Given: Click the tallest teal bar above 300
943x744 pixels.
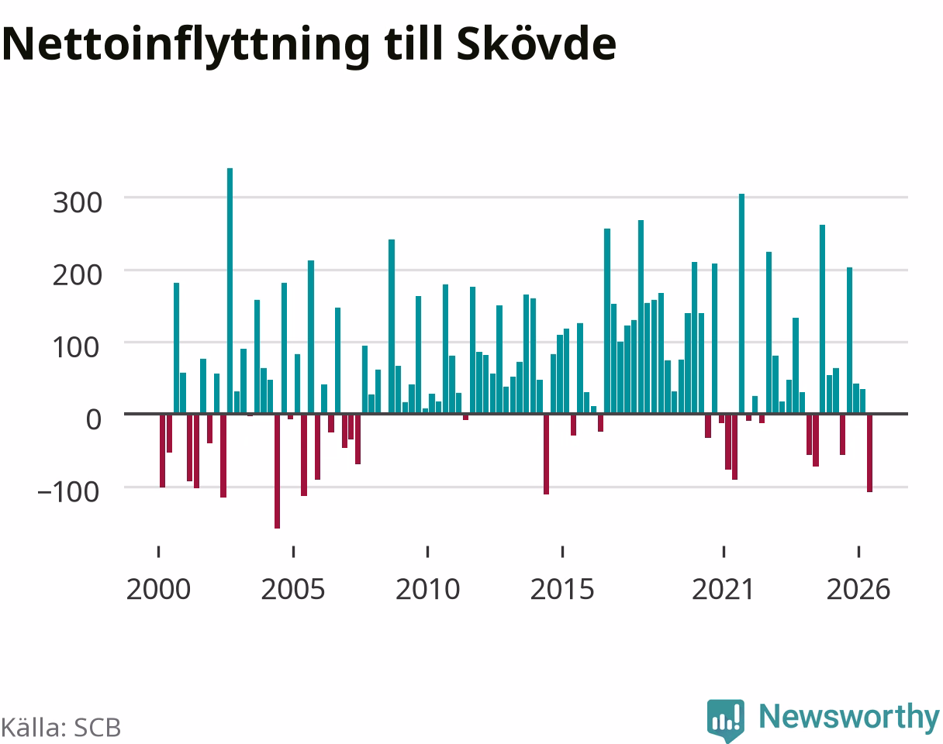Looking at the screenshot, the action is point(230,291).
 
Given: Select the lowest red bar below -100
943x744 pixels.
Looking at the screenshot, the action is point(277,471).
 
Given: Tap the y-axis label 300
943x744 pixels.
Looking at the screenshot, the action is point(78,203).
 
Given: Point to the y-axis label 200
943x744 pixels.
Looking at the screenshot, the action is point(78,275).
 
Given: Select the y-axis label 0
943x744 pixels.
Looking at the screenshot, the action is point(94,419).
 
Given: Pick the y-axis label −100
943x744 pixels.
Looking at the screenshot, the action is point(69,492).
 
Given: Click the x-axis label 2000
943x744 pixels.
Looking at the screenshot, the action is point(159,589).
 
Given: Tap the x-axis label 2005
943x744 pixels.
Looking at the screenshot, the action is point(293,589).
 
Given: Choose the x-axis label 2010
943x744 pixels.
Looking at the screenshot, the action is point(427,589).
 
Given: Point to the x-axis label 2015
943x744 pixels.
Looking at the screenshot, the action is point(562,589).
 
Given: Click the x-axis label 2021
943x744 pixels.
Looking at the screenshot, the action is point(723,589).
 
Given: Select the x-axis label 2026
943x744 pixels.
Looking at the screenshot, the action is point(858,589).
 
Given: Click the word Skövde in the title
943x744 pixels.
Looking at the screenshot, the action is point(537,44).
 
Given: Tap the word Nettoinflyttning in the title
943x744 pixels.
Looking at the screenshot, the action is point(186,46).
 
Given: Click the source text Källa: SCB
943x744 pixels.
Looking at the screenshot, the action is point(61,728).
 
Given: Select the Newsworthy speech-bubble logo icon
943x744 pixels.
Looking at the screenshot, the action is point(726,719).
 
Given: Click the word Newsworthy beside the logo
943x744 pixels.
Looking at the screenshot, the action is point(849,717).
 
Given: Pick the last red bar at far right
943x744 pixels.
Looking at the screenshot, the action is point(870,453).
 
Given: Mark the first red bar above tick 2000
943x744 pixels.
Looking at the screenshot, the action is point(163,450).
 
